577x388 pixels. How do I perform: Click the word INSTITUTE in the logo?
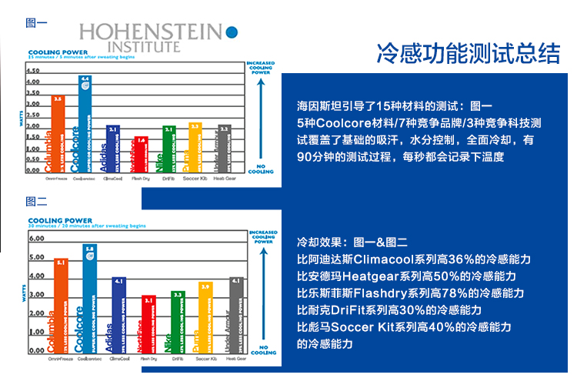tap(145, 46)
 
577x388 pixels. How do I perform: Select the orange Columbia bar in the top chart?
tap(57, 135)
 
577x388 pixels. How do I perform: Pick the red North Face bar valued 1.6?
tap(139, 155)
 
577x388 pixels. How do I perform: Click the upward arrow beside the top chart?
tap(262, 115)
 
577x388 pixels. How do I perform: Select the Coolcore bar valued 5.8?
tap(89, 300)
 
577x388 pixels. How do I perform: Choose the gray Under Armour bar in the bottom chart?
tap(236, 315)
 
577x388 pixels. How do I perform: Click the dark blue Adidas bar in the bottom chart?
tap(118, 315)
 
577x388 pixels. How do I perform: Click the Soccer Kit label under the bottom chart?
tap(206, 359)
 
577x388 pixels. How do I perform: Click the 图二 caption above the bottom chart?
tap(36, 202)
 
